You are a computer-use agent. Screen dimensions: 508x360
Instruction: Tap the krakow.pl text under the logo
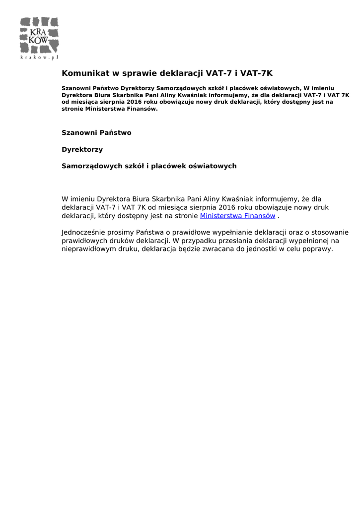coord(39,57)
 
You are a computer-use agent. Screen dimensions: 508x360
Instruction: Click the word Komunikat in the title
coord(85,73)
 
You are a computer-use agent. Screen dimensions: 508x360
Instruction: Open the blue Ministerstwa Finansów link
coord(237,216)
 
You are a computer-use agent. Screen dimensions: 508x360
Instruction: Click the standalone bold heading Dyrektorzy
coord(82,149)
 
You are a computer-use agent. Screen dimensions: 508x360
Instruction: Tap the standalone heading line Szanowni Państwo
coord(96,133)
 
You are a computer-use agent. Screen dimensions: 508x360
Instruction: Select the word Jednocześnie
coord(84,232)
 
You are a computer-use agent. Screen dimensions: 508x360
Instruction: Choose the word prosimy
coord(124,232)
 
